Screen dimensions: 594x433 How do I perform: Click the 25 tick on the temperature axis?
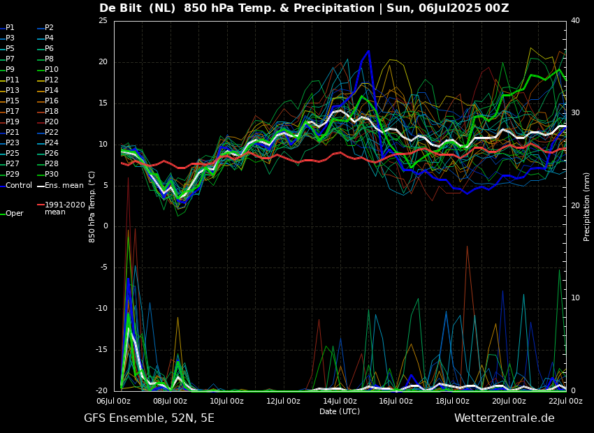(103, 21)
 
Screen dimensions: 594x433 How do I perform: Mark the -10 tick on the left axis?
(101, 309)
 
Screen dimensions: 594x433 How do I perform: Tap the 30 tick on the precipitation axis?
(575, 113)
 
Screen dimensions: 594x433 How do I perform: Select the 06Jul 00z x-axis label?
(114, 401)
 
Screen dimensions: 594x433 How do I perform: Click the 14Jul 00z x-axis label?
(340, 401)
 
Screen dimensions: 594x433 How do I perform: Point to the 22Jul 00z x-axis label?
(565, 401)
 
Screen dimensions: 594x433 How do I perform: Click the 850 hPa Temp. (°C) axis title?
(92, 207)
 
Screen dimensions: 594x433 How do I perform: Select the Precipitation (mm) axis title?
(587, 207)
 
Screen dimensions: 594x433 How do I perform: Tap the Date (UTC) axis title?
(340, 411)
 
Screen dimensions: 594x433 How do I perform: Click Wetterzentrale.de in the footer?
(505, 418)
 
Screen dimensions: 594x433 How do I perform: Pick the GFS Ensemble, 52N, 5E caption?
(149, 418)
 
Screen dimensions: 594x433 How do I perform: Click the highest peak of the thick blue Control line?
(368, 51)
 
